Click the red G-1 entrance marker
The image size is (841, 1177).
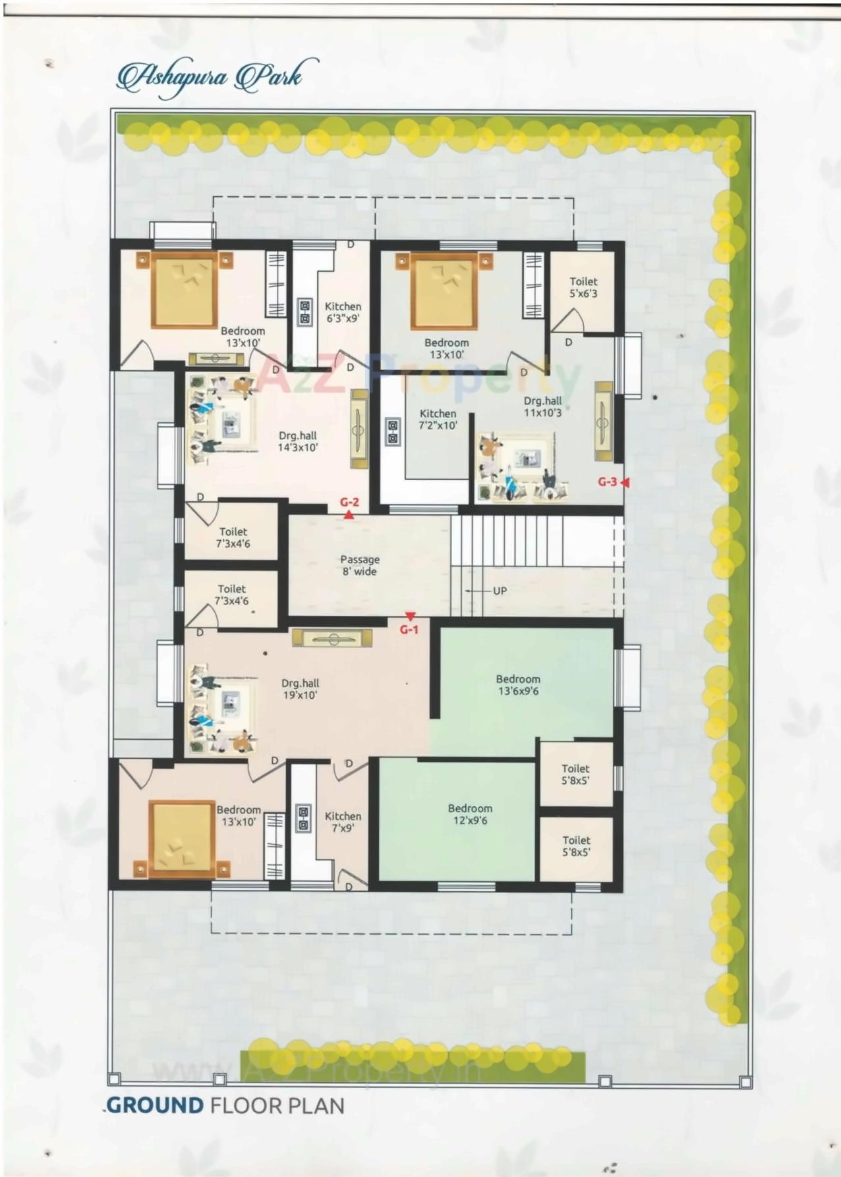click(x=409, y=629)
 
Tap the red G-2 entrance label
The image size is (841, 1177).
click(x=349, y=502)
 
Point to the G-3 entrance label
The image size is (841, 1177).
click(x=607, y=481)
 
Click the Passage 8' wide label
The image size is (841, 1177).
click(x=359, y=565)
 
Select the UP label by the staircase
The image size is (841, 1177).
click(x=500, y=590)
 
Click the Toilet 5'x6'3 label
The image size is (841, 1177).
click(x=583, y=287)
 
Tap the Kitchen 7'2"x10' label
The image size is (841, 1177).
click(x=438, y=419)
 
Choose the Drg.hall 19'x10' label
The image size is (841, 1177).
click(x=300, y=689)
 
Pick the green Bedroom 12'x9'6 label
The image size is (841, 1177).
click(x=470, y=814)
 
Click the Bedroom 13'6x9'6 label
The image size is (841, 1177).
click(x=518, y=684)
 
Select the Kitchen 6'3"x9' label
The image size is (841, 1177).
click(x=343, y=312)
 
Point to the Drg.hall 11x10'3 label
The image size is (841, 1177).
click(x=542, y=406)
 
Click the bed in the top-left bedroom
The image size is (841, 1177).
click(x=185, y=288)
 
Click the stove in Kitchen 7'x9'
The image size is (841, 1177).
click(x=303, y=817)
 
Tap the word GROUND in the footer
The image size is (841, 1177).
click(x=155, y=1105)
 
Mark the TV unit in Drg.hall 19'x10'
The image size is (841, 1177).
click(x=332, y=638)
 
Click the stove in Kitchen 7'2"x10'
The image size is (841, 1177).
click(x=393, y=432)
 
